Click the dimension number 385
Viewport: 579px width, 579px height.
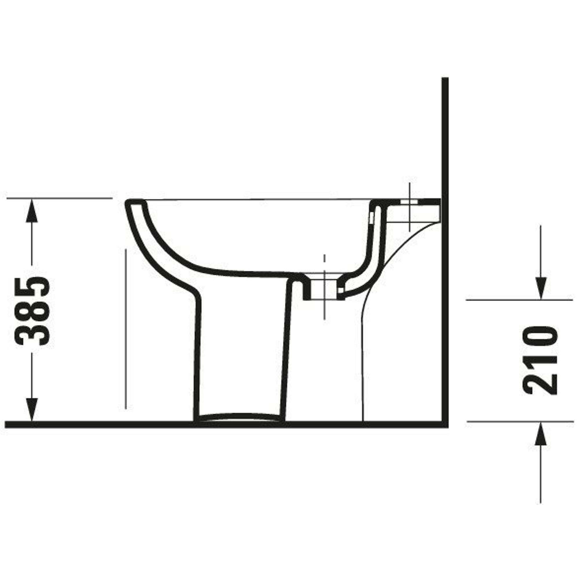point(32,312)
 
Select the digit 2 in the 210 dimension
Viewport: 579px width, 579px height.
point(540,384)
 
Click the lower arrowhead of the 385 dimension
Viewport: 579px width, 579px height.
point(32,410)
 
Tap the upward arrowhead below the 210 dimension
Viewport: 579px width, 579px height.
point(541,433)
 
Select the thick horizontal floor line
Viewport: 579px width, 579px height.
point(227,424)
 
